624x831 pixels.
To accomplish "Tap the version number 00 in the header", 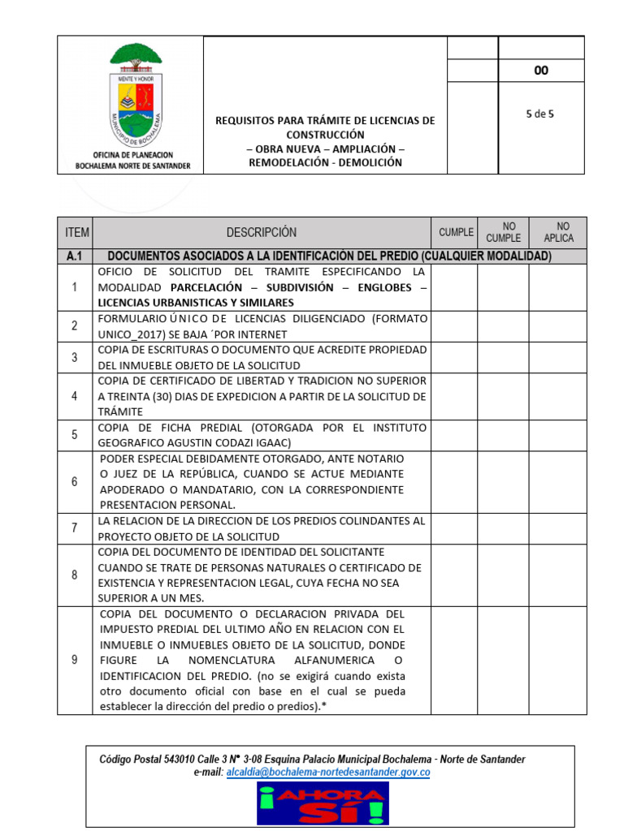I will [540, 71].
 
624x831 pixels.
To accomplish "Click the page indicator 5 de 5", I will [540, 114].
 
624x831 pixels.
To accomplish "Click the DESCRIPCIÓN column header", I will [261, 232].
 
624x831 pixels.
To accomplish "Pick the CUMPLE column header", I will [456, 232].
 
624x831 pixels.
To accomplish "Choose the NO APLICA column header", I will [563, 232].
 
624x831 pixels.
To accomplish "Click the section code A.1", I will [76, 256].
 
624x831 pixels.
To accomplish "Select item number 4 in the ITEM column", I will [75, 396].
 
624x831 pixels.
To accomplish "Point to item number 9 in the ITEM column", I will [75, 660].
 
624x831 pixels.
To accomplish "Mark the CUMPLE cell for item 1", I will [453, 286].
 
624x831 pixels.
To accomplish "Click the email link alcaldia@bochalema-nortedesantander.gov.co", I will [328, 773].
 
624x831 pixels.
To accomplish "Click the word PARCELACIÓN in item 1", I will [206, 287].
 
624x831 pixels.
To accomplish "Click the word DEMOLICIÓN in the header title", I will [366, 162].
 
